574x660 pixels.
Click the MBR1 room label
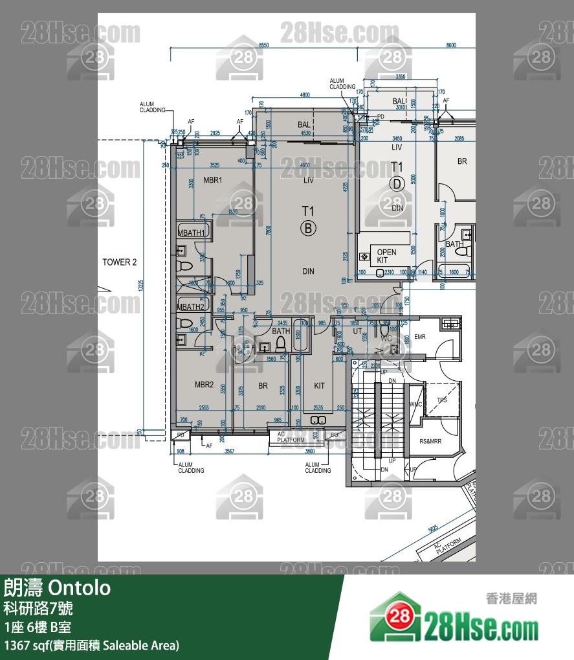(x=213, y=180)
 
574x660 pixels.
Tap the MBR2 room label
(x=204, y=385)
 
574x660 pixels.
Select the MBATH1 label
(x=192, y=233)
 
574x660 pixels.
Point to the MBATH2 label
(x=192, y=306)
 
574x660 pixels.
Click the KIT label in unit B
(x=320, y=386)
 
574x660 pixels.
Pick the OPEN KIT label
(x=386, y=256)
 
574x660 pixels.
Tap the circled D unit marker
(x=397, y=184)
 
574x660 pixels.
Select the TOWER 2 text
(x=120, y=262)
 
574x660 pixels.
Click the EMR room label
(x=419, y=337)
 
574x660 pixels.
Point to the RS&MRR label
(x=430, y=442)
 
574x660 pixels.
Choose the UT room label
(x=357, y=332)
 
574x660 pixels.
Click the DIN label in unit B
(x=308, y=271)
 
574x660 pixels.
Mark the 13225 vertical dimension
(x=141, y=285)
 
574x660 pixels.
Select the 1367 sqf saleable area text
(x=91, y=645)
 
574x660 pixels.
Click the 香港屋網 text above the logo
(x=511, y=599)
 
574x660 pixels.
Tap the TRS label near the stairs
(x=442, y=401)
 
